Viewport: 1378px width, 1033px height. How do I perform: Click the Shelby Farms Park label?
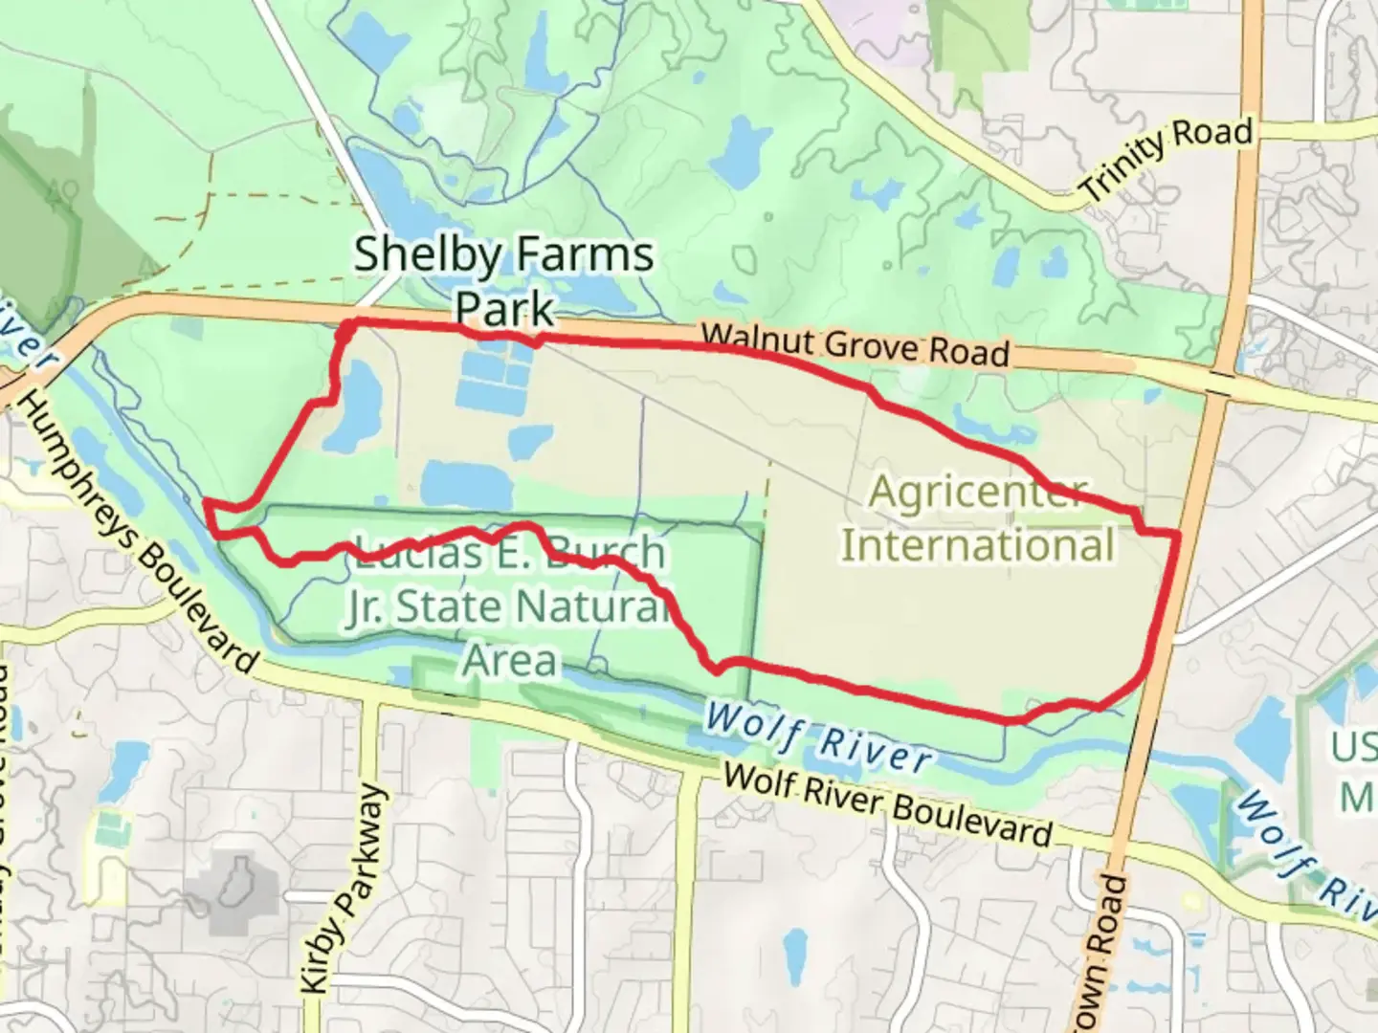(x=504, y=280)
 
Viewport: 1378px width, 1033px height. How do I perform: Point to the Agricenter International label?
(x=978, y=519)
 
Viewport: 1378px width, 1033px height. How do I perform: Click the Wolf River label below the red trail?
(x=818, y=736)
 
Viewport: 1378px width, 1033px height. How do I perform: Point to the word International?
(x=978, y=545)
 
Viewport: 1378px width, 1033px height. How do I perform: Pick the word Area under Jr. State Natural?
(x=510, y=660)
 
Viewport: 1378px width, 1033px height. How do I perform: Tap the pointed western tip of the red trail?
(x=206, y=500)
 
